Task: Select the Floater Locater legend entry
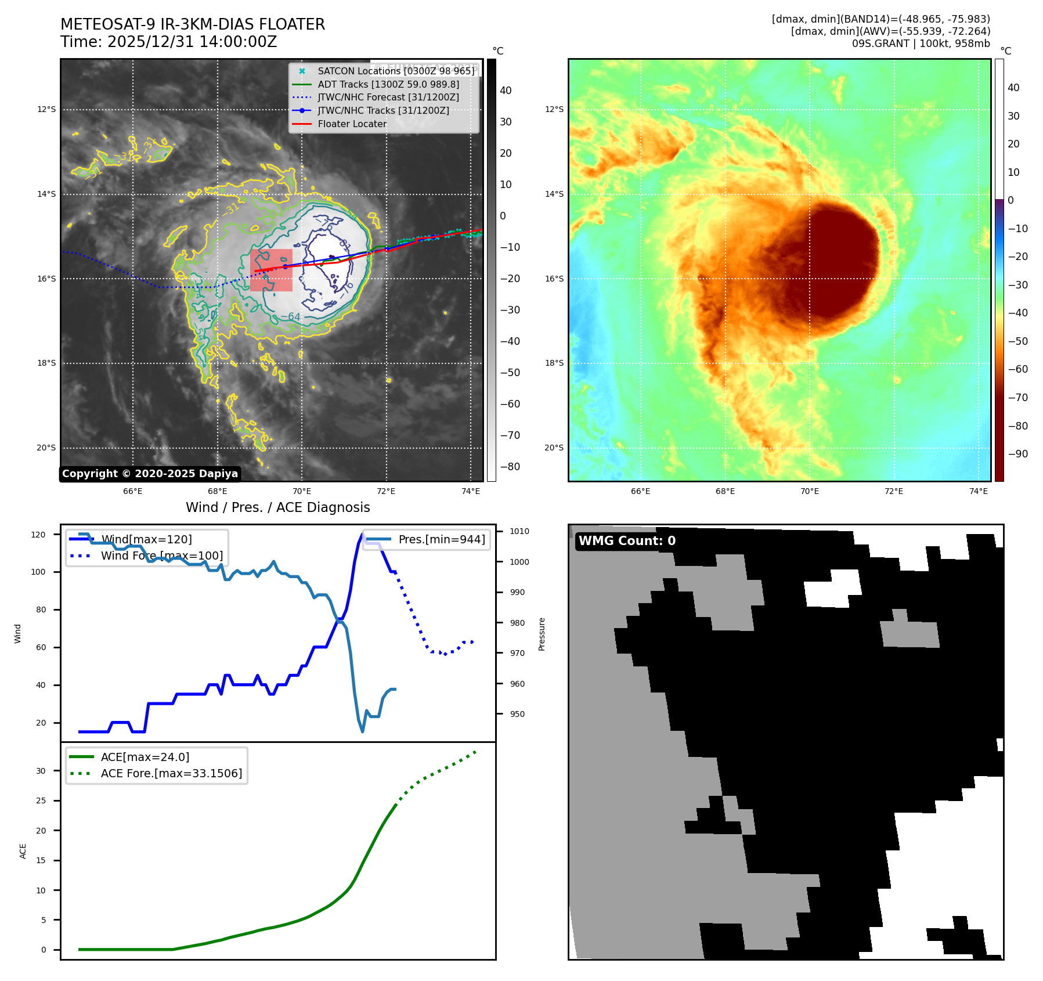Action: point(352,124)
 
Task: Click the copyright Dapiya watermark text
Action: point(150,474)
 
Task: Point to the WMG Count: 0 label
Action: point(627,541)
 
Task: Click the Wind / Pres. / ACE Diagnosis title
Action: point(277,507)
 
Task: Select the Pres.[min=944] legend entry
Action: point(441,539)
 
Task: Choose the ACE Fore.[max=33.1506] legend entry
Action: point(171,773)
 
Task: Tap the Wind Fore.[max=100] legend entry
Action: point(161,556)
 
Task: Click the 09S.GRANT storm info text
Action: point(921,44)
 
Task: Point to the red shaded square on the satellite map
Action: point(271,270)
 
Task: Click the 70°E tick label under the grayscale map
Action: point(302,491)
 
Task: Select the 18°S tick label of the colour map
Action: point(554,363)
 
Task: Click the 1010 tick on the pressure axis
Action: point(519,531)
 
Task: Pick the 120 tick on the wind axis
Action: point(38,535)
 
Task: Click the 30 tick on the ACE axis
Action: point(41,771)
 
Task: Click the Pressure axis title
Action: point(542,633)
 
